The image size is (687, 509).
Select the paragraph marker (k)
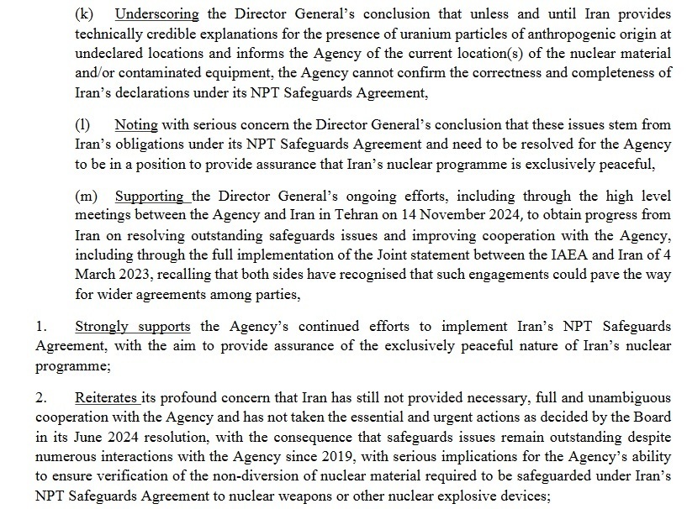click(x=83, y=14)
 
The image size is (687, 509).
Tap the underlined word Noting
click(x=136, y=124)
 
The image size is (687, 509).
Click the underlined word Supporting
click(x=149, y=197)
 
